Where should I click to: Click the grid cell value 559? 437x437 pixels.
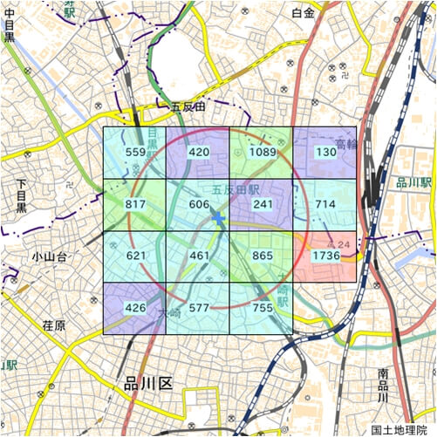click(135, 153)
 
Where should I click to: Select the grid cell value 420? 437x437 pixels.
click(199, 153)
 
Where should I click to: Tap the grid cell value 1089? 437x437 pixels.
click(263, 153)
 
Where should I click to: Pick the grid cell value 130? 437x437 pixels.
click(325, 153)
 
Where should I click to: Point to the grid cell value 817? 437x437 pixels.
click(135, 204)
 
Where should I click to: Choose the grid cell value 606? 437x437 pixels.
click(199, 204)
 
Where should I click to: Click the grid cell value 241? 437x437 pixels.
click(263, 204)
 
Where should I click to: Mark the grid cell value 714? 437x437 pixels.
click(325, 204)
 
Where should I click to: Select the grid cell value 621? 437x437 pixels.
click(135, 256)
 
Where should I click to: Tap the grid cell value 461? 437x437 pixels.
click(199, 256)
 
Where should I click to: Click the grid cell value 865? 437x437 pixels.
click(263, 256)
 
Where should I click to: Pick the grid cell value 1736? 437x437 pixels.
click(325, 256)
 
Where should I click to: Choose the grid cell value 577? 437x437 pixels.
click(199, 307)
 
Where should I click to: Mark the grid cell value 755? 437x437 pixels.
click(263, 307)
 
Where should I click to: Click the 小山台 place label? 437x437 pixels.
click(49, 256)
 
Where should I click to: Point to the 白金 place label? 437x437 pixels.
click(303, 12)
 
